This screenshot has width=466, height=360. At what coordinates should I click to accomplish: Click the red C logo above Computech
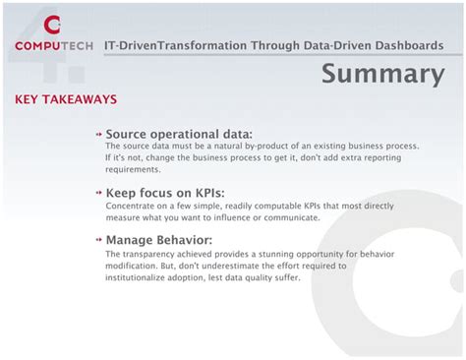coord(52,24)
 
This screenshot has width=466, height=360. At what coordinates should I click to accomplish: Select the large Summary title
coord(383,74)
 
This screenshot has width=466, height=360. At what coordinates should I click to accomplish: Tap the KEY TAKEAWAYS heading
coord(66,99)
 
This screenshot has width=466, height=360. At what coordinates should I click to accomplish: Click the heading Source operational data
coord(179,134)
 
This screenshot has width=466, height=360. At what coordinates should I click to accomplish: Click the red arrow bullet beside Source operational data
coord(98,135)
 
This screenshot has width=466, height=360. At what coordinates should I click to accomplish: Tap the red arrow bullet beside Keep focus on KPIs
coord(98,194)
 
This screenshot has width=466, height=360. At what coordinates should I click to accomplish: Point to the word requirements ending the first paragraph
coord(133,169)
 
